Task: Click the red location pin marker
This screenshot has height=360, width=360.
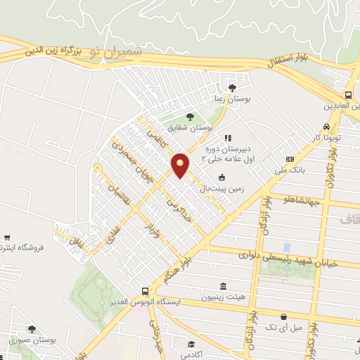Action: (x=181, y=165)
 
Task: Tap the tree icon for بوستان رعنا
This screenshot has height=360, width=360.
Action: (x=232, y=87)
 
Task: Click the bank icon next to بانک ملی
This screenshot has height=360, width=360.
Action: (x=290, y=160)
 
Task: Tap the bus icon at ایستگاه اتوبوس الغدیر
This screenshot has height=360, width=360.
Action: (x=145, y=291)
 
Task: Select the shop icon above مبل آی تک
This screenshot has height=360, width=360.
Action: (x=283, y=317)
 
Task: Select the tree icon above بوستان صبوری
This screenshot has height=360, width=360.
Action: (x=32, y=328)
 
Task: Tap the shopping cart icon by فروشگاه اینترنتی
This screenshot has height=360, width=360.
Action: (x=7, y=238)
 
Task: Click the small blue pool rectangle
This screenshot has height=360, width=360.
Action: (x=286, y=247)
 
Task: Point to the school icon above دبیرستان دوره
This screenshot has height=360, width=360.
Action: (x=228, y=139)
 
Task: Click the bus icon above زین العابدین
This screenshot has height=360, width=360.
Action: (x=349, y=96)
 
